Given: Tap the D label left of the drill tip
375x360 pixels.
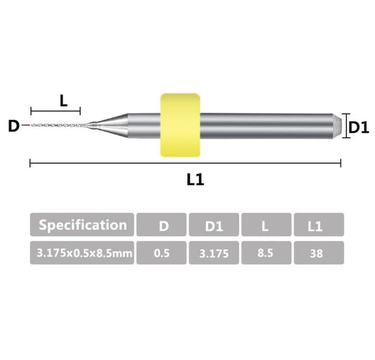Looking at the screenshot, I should (13, 127).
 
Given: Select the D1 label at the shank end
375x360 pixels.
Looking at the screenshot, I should (360, 127).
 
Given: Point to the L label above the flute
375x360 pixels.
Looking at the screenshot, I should (63, 100).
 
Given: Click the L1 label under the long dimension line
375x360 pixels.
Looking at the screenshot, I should (195, 180).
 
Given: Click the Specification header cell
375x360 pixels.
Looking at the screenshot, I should (82, 225).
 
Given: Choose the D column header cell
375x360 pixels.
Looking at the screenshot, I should (161, 225).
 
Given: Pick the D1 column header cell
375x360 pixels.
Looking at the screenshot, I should (213, 225).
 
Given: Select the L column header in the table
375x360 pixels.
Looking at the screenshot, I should (266, 225).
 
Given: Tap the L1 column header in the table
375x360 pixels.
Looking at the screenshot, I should (319, 225).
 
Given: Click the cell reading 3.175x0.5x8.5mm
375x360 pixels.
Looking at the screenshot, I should (82, 253).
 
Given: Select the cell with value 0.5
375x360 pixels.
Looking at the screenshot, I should (161, 253).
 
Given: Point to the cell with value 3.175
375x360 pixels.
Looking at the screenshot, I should (213, 253).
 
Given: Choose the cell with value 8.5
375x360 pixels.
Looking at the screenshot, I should (266, 253).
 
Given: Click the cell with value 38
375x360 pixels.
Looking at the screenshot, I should (319, 253).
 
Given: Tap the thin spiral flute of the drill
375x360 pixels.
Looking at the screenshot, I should (56, 125).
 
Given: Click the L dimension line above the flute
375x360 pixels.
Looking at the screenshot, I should (56, 111).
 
